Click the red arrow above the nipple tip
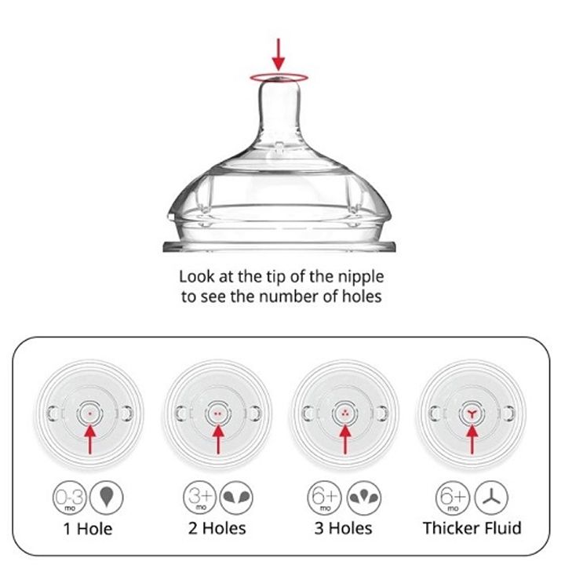coord(278,54)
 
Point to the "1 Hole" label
coord(88,529)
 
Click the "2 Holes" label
coord(217,528)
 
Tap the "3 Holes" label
coord(343,528)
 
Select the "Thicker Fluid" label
coord(472,528)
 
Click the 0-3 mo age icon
coord(70,498)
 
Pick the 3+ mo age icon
coord(200,498)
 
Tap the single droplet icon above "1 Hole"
coord(106,498)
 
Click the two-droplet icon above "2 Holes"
coord(236,498)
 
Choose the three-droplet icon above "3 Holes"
coord(364,498)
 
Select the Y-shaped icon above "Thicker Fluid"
coord(491,498)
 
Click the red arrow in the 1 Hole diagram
coord(90,439)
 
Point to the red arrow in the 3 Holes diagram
coord(345,439)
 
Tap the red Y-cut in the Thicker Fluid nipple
coord(472,414)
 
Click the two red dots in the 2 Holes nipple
coord(217,414)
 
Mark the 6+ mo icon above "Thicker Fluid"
coord(453,498)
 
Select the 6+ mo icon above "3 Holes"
coord(325,498)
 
